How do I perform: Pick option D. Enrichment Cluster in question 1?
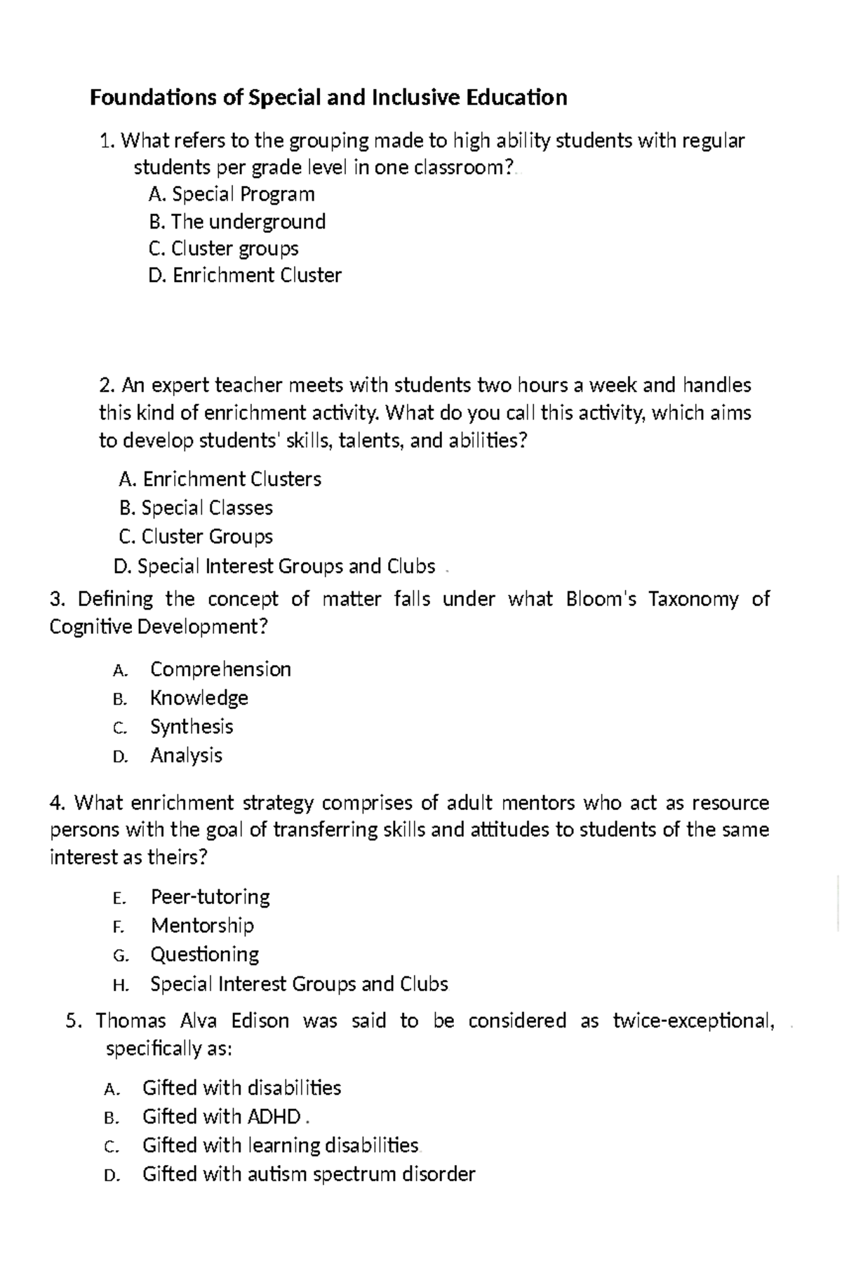click(245, 276)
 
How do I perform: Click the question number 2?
click(106, 386)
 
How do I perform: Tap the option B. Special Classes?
click(196, 508)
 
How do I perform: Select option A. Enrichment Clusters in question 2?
click(220, 480)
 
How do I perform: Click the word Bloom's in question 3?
click(601, 599)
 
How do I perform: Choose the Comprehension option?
click(220, 669)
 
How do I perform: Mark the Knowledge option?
click(199, 698)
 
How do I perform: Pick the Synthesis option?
click(191, 727)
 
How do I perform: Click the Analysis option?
click(186, 755)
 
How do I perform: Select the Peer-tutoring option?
click(210, 897)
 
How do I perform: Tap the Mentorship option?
click(202, 926)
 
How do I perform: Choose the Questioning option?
click(204, 955)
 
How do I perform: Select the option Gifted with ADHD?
click(221, 1117)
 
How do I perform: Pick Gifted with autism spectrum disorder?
click(308, 1174)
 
